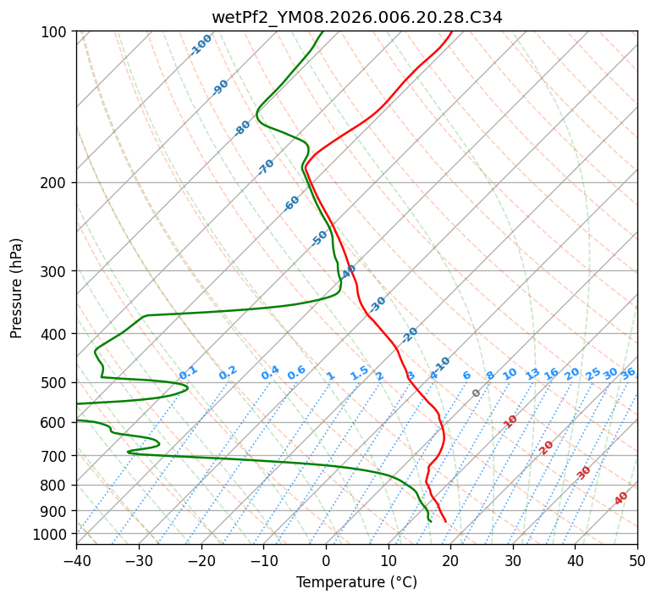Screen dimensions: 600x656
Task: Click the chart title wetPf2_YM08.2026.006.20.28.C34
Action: coord(356,17)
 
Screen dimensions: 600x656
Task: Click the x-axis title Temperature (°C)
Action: coord(356,582)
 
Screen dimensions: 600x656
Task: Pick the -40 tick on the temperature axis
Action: coord(76,560)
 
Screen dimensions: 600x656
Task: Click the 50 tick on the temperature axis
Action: coord(637,560)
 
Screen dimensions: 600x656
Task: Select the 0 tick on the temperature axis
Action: coord(326,560)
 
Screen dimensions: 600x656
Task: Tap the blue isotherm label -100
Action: coord(201,45)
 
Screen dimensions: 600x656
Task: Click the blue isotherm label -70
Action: coord(266,167)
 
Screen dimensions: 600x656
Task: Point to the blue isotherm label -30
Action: coord(378,304)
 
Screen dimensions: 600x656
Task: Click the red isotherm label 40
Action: coord(621,498)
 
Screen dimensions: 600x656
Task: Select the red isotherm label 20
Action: coord(547,447)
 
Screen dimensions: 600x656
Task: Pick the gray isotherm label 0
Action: coord(476,393)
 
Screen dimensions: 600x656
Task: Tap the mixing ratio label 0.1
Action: coord(188,372)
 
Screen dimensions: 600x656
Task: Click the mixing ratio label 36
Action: coord(628,373)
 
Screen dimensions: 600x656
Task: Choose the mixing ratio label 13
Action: coord(532,374)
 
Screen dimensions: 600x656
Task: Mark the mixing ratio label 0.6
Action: coord(296,373)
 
